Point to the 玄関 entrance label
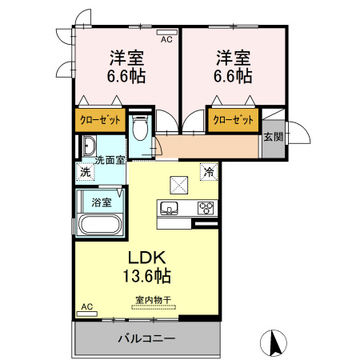click(x=272, y=137)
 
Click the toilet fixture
click(x=142, y=129)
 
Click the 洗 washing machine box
click(x=85, y=171)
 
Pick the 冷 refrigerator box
click(x=208, y=170)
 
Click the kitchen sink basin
click(x=170, y=208)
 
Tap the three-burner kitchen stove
click(x=206, y=208)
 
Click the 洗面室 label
click(x=110, y=160)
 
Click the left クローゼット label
click(x=100, y=120)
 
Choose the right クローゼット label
click(x=234, y=120)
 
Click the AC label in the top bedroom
click(x=167, y=38)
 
